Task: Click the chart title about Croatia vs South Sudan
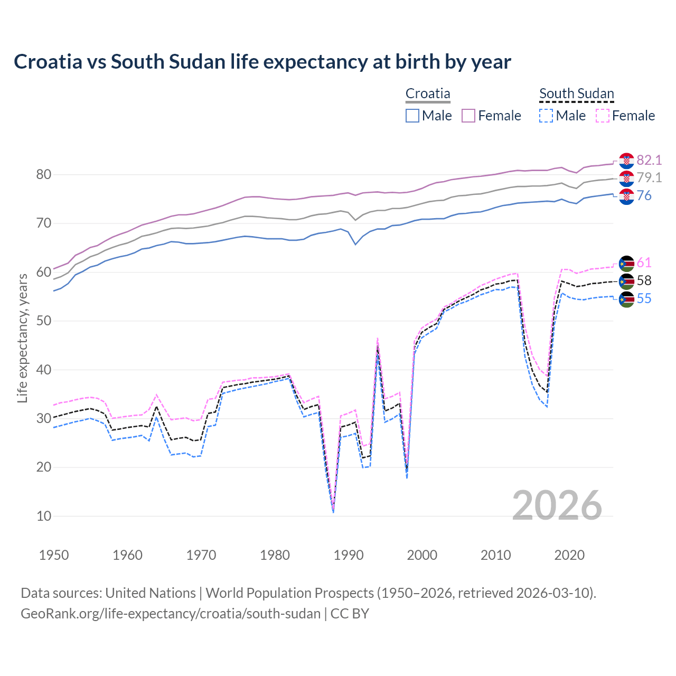262,62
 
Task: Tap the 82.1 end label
649,160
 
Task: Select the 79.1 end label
649,178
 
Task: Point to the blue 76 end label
644,196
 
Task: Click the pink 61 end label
644,262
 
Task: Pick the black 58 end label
644,280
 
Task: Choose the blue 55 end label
644,298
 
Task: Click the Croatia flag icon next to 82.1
626,161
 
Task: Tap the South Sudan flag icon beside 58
626,281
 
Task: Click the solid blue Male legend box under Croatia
412,116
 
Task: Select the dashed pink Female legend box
603,116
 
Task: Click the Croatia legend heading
428,93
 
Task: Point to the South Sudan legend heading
576,93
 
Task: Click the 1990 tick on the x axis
349,555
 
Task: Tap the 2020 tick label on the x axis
569,555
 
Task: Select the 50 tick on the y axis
44,321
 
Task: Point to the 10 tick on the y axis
44,516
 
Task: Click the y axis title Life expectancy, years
22,338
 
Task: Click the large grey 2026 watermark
557,505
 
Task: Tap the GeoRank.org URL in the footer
171,614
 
